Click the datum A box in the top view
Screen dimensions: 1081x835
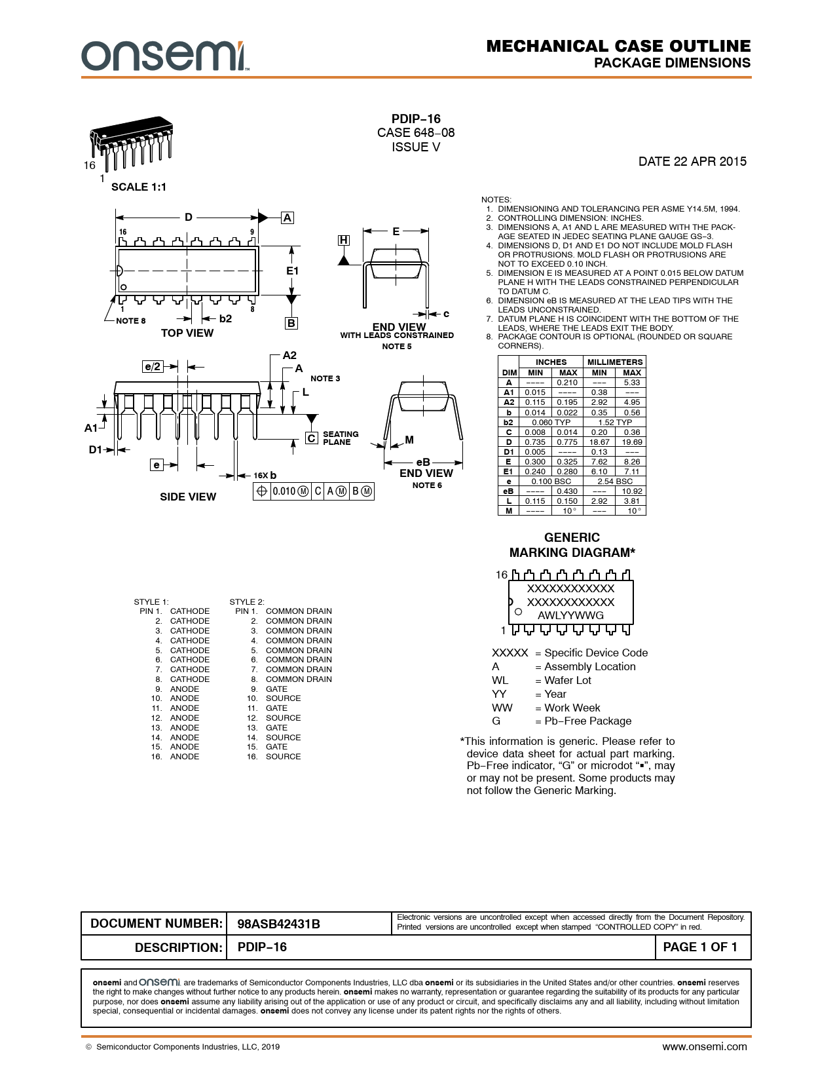(x=287, y=218)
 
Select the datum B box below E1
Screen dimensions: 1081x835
(x=291, y=323)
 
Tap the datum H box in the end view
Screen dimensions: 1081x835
(x=343, y=240)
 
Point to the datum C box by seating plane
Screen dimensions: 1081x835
(x=312, y=438)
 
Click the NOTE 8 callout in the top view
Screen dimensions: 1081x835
(x=131, y=321)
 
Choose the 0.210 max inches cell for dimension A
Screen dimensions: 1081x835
(x=567, y=383)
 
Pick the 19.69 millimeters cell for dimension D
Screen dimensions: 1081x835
(x=632, y=442)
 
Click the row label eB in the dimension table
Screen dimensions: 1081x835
(x=508, y=491)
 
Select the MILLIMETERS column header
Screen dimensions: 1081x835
(x=615, y=362)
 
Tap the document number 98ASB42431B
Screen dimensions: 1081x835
(x=278, y=924)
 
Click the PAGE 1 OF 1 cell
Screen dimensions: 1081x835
(x=700, y=947)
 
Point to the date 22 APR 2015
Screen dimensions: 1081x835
(x=692, y=162)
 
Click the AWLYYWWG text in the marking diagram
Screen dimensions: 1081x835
(x=570, y=616)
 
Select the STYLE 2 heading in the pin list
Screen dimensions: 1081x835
(x=247, y=602)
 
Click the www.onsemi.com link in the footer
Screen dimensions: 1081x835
(x=704, y=1047)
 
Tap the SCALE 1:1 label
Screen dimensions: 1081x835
(x=139, y=187)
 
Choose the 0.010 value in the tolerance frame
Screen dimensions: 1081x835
(x=284, y=491)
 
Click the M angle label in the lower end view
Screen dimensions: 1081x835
(x=409, y=440)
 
